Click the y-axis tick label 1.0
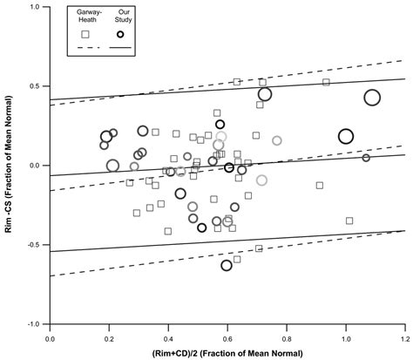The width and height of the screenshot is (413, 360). [38, 7]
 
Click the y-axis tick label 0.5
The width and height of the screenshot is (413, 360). [38, 86]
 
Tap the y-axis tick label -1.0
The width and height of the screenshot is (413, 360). [37, 323]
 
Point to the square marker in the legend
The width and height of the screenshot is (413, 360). [85, 35]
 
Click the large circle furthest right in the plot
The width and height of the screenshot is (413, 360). [372, 98]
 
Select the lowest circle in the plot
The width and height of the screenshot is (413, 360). [227, 265]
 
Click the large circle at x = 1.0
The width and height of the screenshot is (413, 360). [346, 136]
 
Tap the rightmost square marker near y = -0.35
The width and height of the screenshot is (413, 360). [349, 221]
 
